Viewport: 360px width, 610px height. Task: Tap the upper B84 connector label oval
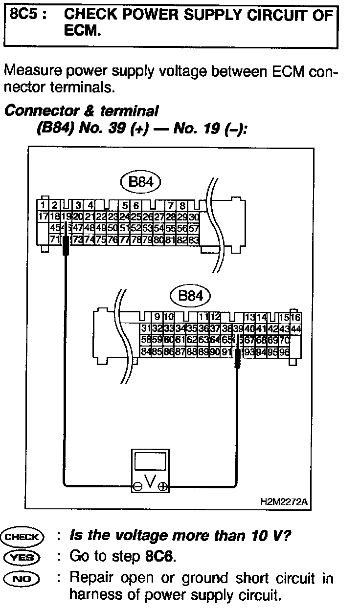coord(140,182)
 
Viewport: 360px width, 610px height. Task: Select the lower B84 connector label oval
coord(190,295)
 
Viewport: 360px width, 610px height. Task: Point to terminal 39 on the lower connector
coord(238,328)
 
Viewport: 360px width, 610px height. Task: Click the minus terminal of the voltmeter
coord(138,486)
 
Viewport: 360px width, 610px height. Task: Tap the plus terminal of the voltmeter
coord(162,486)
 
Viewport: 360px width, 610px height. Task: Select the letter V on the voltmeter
coord(151,483)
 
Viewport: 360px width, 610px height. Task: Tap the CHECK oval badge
coord(23,536)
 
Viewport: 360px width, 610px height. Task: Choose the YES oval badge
coord(23,556)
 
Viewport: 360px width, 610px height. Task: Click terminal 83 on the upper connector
coord(194,239)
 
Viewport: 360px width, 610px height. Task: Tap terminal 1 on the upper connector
coord(44,205)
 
